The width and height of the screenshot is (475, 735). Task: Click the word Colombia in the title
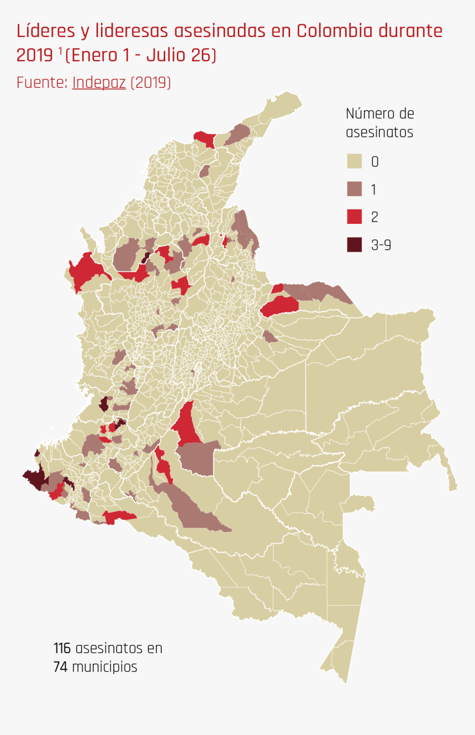pyautogui.click(x=335, y=31)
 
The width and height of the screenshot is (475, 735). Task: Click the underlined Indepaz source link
pyautogui.click(x=99, y=83)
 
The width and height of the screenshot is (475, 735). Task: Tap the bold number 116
pyautogui.click(x=62, y=648)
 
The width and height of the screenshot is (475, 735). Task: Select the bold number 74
pyautogui.click(x=60, y=667)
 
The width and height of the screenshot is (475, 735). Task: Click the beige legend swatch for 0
pyautogui.click(x=354, y=161)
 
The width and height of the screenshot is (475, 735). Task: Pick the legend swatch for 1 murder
pyautogui.click(x=354, y=189)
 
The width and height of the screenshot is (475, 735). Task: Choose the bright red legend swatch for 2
pyautogui.click(x=354, y=217)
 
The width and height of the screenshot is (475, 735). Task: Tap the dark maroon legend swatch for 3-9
pyautogui.click(x=354, y=244)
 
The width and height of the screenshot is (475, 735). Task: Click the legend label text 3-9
pyautogui.click(x=381, y=245)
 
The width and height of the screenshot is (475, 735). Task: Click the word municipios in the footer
pyautogui.click(x=104, y=667)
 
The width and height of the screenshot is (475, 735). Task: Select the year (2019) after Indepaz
pyautogui.click(x=151, y=83)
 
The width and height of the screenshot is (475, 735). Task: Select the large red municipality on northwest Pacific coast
pyautogui.click(x=86, y=271)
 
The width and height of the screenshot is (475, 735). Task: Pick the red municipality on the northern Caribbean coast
pyautogui.click(x=205, y=138)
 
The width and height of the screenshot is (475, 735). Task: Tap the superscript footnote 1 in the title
pyautogui.click(x=60, y=51)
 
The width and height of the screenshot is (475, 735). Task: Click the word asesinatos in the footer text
pyautogui.click(x=118, y=648)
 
